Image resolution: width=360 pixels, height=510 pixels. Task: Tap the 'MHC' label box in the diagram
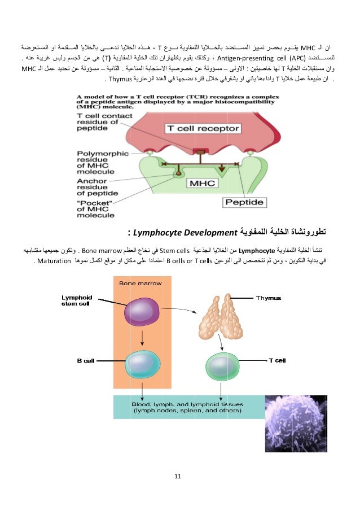204,184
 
